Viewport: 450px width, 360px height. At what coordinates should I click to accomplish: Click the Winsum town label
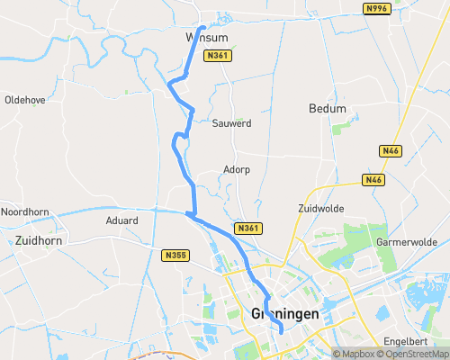(206, 38)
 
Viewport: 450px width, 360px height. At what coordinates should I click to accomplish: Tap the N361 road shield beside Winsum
(218, 56)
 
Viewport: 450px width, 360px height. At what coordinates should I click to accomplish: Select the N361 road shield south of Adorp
(249, 229)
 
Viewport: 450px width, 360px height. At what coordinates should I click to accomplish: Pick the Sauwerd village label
(231, 122)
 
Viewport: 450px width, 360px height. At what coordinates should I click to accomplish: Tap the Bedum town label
(327, 108)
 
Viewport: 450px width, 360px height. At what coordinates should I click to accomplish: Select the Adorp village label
(236, 169)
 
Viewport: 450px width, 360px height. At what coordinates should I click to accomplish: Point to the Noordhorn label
(23, 211)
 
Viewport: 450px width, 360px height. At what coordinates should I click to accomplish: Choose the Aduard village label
(121, 220)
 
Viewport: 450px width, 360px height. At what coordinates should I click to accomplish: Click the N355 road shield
(176, 256)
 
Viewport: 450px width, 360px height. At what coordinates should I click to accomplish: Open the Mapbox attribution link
(355, 354)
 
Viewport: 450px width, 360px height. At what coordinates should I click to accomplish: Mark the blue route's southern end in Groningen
(282, 332)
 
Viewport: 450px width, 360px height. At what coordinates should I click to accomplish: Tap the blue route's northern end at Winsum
(203, 28)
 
